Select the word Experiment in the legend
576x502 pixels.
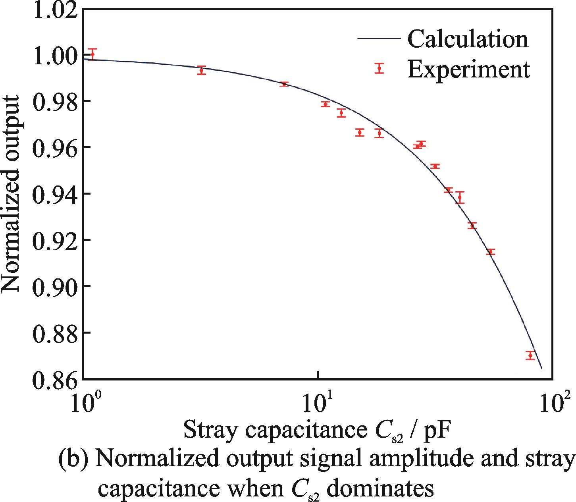[x=469, y=69]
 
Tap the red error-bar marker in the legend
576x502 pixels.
[x=379, y=68]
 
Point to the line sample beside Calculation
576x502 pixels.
[x=379, y=38]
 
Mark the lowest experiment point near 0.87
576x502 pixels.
[x=530, y=355]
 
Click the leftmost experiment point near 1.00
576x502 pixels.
[x=92, y=54]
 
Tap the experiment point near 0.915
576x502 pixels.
[x=490, y=252]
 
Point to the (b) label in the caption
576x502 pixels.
[x=73, y=460]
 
